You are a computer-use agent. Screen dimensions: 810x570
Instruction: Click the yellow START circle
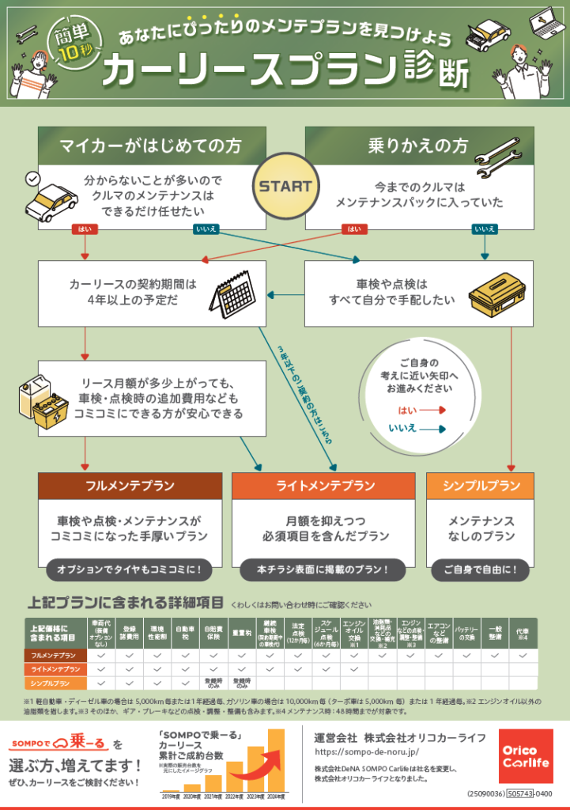pyautogui.click(x=285, y=187)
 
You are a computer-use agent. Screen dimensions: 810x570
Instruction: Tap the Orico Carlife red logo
pyautogui.click(x=526, y=756)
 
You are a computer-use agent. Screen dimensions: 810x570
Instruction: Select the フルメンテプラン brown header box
pyautogui.click(x=130, y=486)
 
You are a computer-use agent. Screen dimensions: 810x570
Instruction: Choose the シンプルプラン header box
pyautogui.click(x=481, y=486)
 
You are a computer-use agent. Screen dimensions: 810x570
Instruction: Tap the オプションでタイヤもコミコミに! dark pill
pyautogui.click(x=129, y=569)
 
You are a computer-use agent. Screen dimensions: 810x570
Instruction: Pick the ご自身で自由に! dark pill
pyautogui.click(x=481, y=569)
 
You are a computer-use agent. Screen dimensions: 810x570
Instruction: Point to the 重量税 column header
pyautogui.click(x=242, y=634)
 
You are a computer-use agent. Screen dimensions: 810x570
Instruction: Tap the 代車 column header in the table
pyautogui.click(x=523, y=634)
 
